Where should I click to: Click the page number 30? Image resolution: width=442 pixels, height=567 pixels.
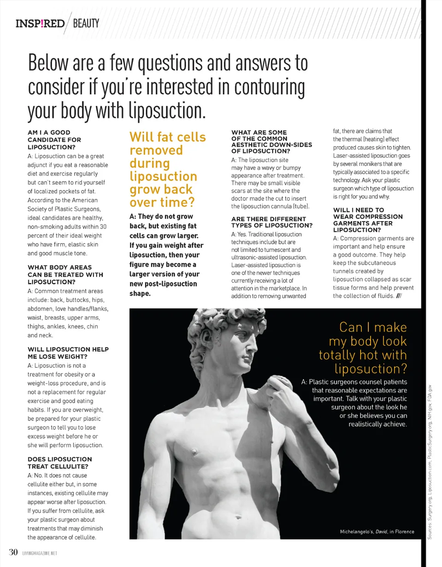tap(13, 552)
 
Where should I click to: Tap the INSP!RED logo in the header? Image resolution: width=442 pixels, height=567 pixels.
tap(40, 23)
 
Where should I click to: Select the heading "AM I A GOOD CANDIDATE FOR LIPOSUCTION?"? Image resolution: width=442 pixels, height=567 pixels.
tap(54, 140)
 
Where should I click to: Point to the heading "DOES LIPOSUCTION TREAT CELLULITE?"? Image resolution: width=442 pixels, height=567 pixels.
tap(60, 462)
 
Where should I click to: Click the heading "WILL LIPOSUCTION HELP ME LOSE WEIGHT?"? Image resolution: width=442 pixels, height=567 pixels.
tap(68, 353)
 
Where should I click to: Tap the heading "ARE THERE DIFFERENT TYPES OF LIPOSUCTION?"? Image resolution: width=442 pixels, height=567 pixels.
tap(272, 222)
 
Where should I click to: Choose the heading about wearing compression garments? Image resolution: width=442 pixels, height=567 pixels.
tap(367, 220)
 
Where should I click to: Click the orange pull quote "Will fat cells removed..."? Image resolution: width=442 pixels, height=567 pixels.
tap(167, 170)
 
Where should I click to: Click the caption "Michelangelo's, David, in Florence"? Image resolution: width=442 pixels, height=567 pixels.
tap(377, 532)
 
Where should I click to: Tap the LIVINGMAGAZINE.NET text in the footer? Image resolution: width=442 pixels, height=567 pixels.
tap(39, 553)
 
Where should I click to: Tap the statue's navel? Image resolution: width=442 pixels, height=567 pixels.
tap(238, 517)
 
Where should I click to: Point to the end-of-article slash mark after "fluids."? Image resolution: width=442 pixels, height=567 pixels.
tap(399, 296)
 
